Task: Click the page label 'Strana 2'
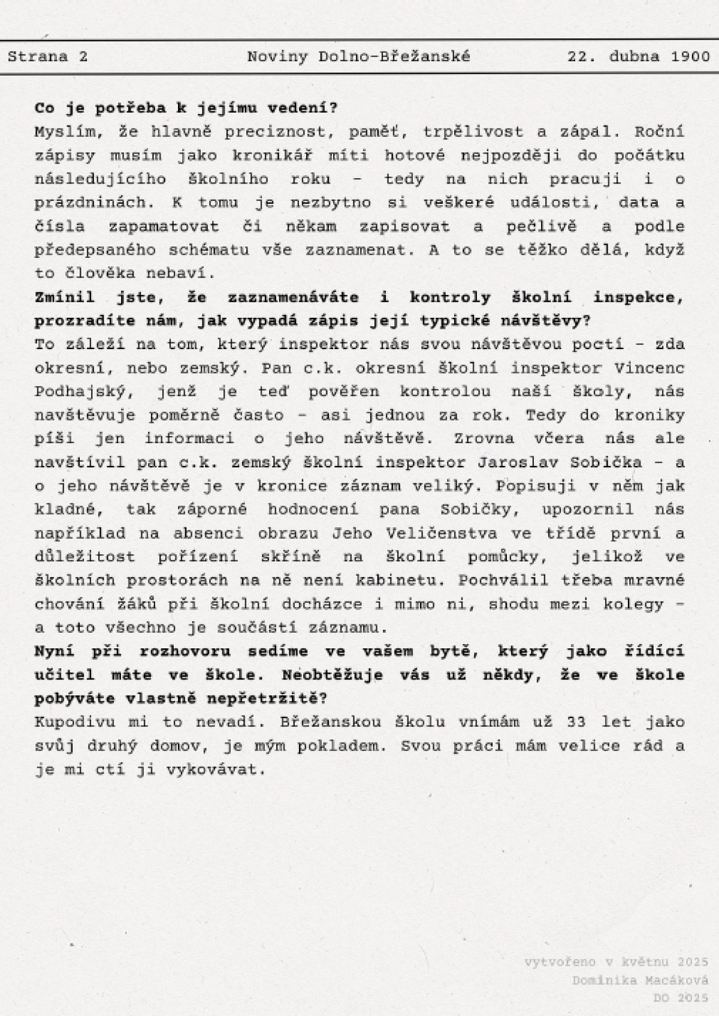pyautogui.click(x=48, y=57)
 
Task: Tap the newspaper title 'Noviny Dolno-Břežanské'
pyautogui.click(x=358, y=57)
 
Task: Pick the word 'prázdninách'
pyautogui.click(x=93, y=203)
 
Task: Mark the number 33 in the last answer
pyautogui.click(x=575, y=722)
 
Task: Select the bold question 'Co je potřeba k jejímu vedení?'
pyautogui.click(x=186, y=109)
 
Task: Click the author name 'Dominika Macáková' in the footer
pyautogui.click(x=639, y=981)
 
